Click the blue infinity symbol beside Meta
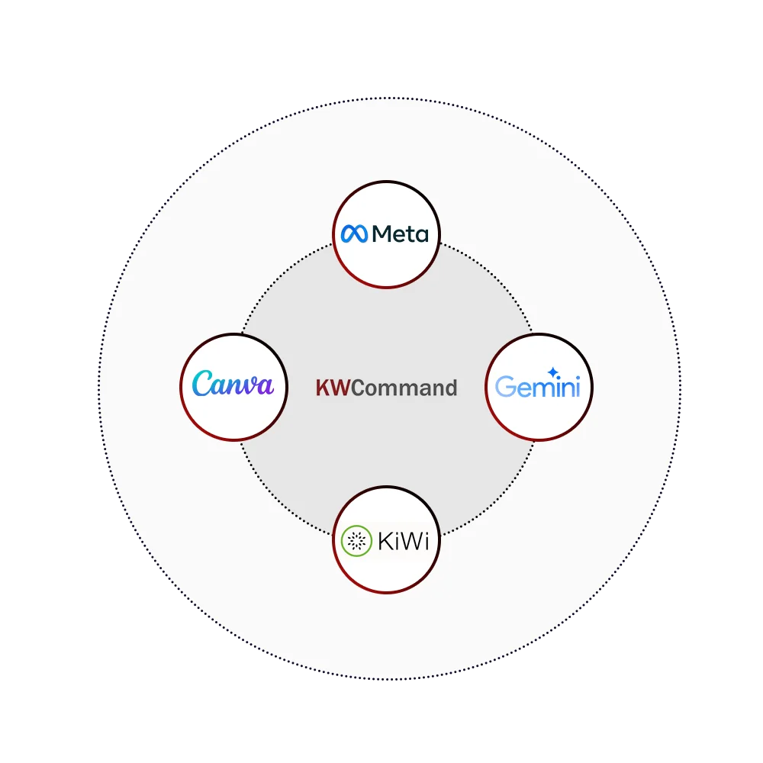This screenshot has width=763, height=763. click(355, 233)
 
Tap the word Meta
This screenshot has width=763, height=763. click(400, 233)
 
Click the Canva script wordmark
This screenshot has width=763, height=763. click(233, 384)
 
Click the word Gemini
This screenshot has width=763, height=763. click(538, 387)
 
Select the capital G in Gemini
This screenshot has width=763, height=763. click(504, 388)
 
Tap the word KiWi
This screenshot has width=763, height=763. click(404, 542)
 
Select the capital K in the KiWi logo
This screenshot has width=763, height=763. click(385, 542)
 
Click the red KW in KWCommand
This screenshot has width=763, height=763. click(333, 388)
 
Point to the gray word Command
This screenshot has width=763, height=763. click(404, 388)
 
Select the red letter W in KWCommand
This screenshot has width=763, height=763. click(341, 388)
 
